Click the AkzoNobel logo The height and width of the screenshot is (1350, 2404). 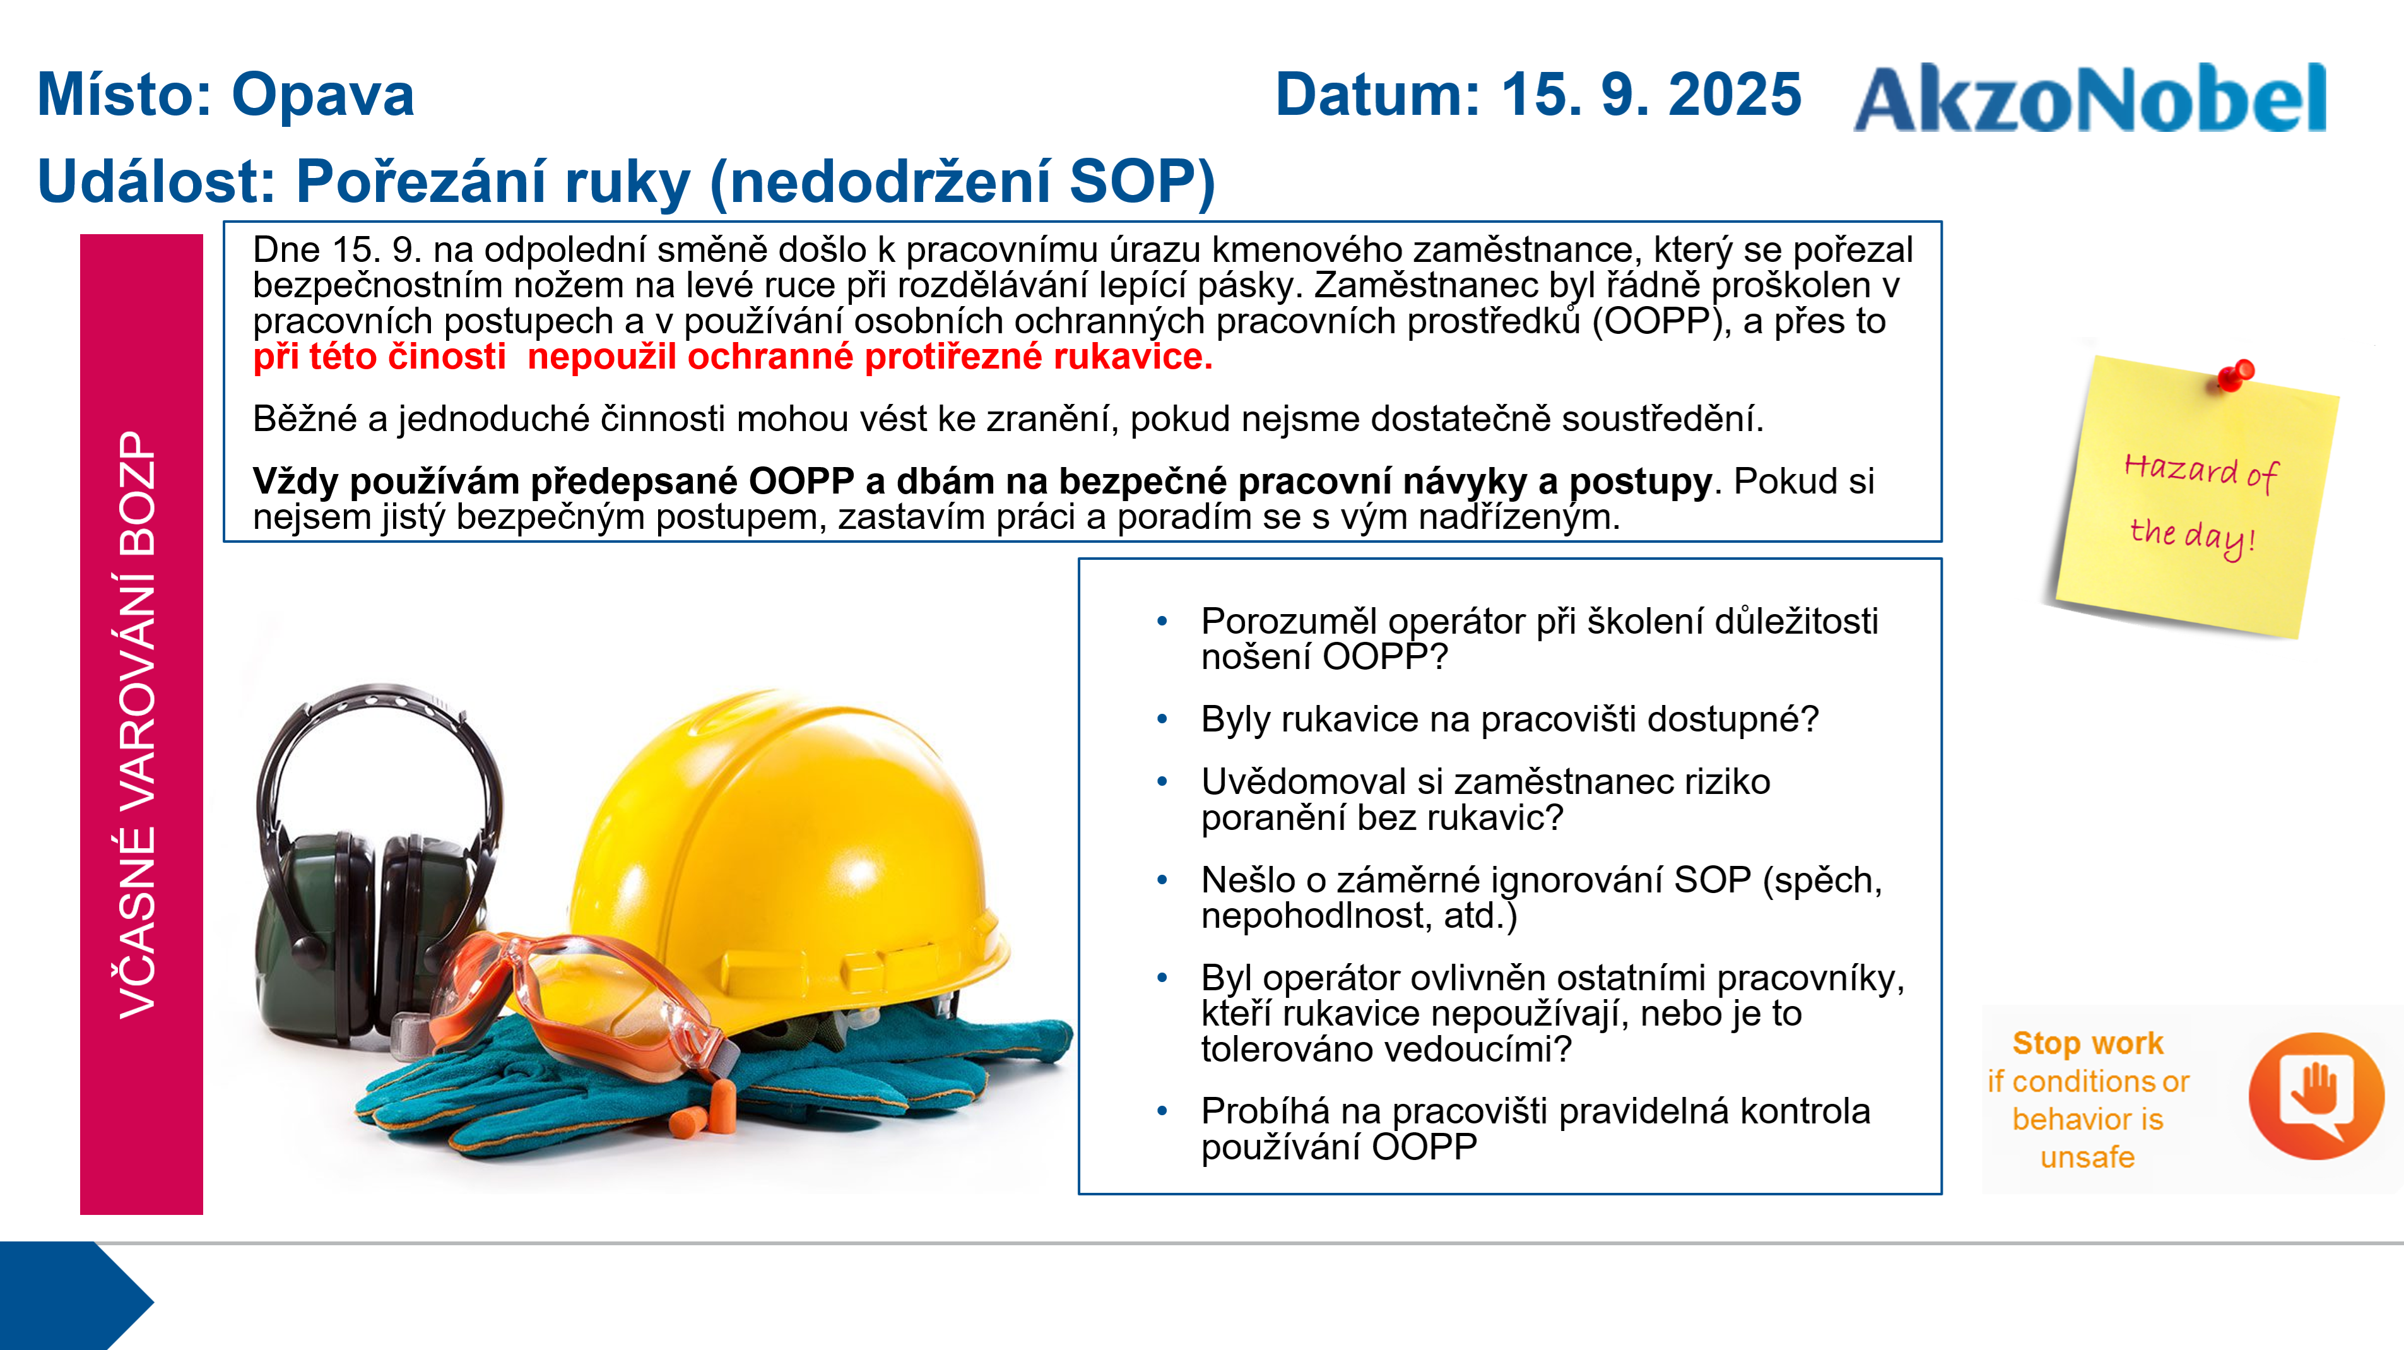(2090, 97)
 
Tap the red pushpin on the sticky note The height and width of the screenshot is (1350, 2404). (2235, 376)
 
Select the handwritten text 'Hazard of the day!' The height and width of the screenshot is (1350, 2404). (2201, 505)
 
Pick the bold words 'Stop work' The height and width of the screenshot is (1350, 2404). (2088, 1042)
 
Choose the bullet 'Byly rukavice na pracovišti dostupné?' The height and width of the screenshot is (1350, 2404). (1509, 719)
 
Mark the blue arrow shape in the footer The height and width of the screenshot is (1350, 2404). (74, 1295)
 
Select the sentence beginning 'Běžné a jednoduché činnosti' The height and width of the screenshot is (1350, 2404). (1008, 418)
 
